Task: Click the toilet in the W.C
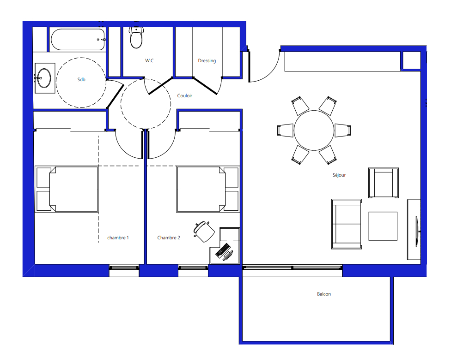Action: point(136,37)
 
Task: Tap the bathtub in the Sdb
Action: point(78,39)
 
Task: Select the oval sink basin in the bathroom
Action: point(44,78)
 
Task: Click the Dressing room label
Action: point(207,60)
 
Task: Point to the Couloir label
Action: point(185,95)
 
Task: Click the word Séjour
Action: point(339,175)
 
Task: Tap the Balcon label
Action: point(324,294)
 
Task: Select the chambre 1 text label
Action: point(118,237)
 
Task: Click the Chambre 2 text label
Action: point(169,237)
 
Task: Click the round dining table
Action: point(314,131)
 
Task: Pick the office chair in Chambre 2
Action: point(204,231)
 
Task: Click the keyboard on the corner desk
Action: point(223,250)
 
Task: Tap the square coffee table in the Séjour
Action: point(383,226)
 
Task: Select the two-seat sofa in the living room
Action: point(347,224)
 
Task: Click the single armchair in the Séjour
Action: point(384,183)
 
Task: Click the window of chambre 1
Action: point(124,268)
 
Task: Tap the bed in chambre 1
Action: point(67,190)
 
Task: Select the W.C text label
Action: point(149,60)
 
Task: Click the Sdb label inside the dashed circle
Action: point(81,79)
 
